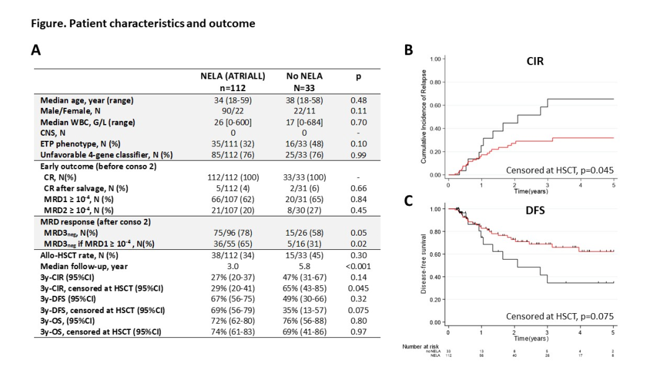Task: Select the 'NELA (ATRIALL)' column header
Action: click(233, 76)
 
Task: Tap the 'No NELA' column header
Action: click(304, 76)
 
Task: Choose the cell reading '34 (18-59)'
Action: click(233, 100)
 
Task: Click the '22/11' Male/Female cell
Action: click(304, 110)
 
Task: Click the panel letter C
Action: click(408, 202)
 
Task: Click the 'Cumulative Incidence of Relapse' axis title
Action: click(423, 118)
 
